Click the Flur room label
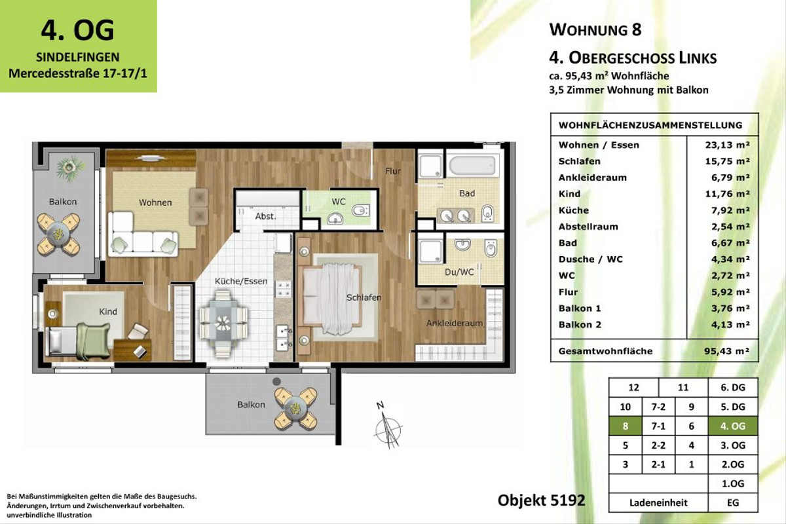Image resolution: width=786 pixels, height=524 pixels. coord(392,171)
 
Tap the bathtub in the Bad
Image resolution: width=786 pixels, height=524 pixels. coord(472,164)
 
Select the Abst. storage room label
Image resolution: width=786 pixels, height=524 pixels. coord(265,216)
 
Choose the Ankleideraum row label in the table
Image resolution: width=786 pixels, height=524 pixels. coord(592,178)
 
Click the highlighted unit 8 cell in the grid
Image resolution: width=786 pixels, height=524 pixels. coord(626,426)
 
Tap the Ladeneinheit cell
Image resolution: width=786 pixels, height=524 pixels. coord(658,502)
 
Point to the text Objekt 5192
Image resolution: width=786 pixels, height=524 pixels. coord(542,500)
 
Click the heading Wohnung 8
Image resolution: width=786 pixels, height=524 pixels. coord(595,29)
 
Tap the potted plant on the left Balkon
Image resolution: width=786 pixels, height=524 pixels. coord(71,168)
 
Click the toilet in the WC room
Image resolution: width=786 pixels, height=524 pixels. coord(360,211)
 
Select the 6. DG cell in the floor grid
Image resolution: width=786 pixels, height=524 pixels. coord(733,388)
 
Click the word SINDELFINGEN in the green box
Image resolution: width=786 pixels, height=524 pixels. coord(78,57)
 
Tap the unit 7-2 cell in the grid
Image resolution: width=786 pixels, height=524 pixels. coord(658,407)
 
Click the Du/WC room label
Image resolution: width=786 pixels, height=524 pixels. coord(459,272)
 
